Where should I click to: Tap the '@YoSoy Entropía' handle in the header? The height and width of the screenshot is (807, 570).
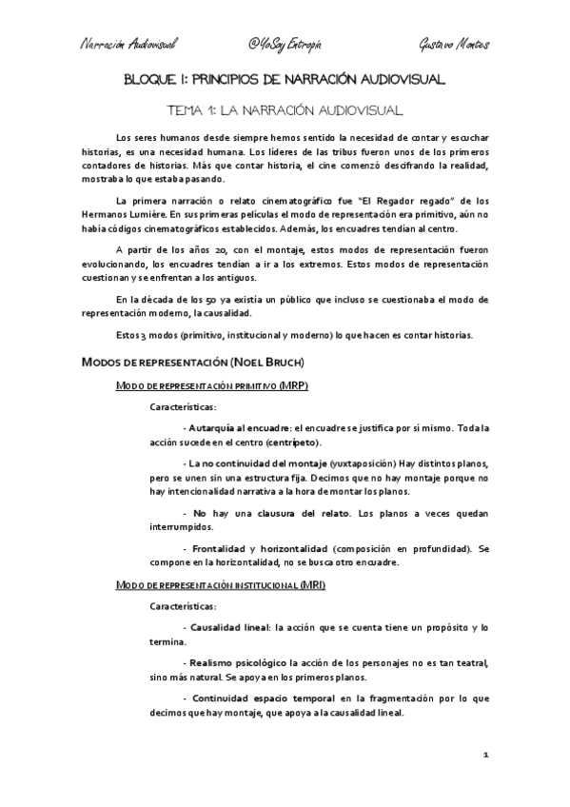pyautogui.click(x=285, y=45)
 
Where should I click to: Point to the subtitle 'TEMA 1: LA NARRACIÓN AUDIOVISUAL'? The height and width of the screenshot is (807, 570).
pyautogui.click(x=285, y=110)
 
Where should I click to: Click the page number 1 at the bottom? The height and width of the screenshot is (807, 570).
pyautogui.click(x=485, y=754)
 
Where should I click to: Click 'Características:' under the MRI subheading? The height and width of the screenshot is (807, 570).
pyautogui.click(x=184, y=606)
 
